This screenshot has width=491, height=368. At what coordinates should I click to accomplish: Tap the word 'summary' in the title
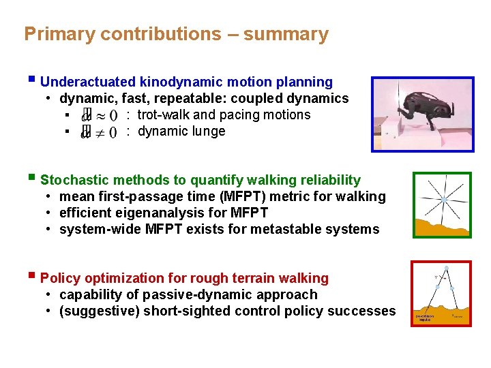click(286, 34)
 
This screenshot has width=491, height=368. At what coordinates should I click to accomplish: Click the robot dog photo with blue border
click(422, 114)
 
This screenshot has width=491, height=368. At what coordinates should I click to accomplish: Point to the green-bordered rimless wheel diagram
click(441, 204)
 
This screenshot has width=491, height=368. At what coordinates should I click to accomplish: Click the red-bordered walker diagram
click(441, 293)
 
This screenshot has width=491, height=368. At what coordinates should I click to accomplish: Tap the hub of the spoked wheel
click(444, 200)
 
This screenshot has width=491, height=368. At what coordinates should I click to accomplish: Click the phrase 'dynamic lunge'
click(181, 132)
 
